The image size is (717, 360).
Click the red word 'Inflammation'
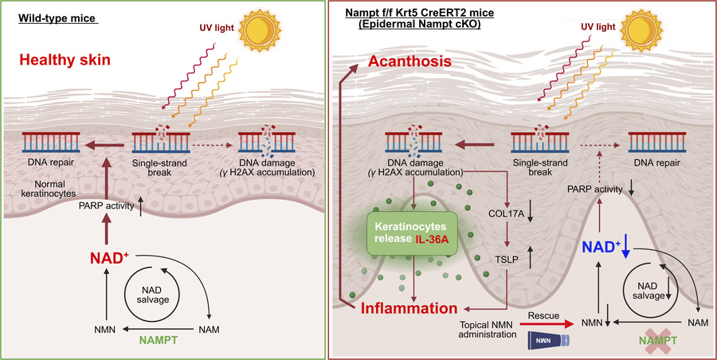click(412, 307)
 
